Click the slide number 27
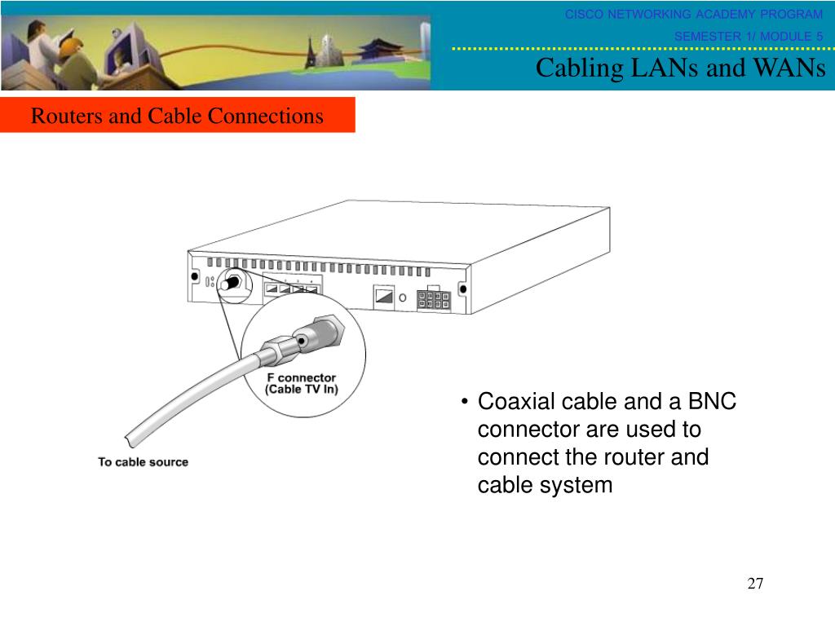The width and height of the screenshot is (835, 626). click(755, 584)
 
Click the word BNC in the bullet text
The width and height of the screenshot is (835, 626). click(713, 402)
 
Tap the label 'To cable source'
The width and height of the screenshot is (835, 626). click(143, 462)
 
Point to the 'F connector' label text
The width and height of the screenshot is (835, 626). click(301, 378)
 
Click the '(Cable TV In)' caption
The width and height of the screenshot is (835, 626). click(301, 390)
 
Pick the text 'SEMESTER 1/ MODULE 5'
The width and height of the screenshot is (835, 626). click(748, 36)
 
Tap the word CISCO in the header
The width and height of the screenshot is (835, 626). click(584, 14)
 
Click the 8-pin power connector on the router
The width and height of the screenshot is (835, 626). click(433, 300)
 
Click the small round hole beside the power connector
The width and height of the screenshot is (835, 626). click(403, 298)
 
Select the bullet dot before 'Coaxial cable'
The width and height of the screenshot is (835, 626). click(464, 402)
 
